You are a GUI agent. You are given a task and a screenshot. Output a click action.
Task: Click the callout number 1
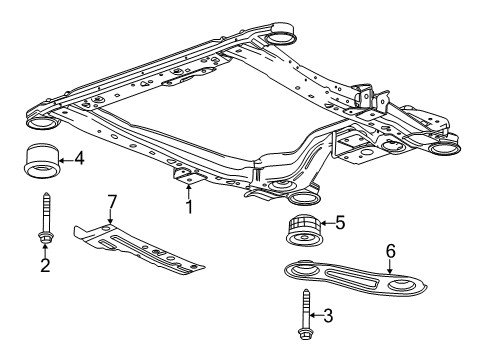tap(186, 207)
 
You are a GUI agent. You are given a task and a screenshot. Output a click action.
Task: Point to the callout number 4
tap(79, 157)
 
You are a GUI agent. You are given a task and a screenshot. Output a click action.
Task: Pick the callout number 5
tap(339, 223)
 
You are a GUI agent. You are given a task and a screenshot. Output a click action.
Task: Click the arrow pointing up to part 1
tap(186, 188)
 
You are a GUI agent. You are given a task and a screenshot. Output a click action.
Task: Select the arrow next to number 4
tap(66, 157)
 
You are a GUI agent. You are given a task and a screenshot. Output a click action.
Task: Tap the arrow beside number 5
tap(325, 223)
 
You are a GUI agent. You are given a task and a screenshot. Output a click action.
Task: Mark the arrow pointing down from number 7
tap(112, 217)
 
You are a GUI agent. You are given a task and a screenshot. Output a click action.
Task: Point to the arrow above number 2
tap(45, 248)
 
